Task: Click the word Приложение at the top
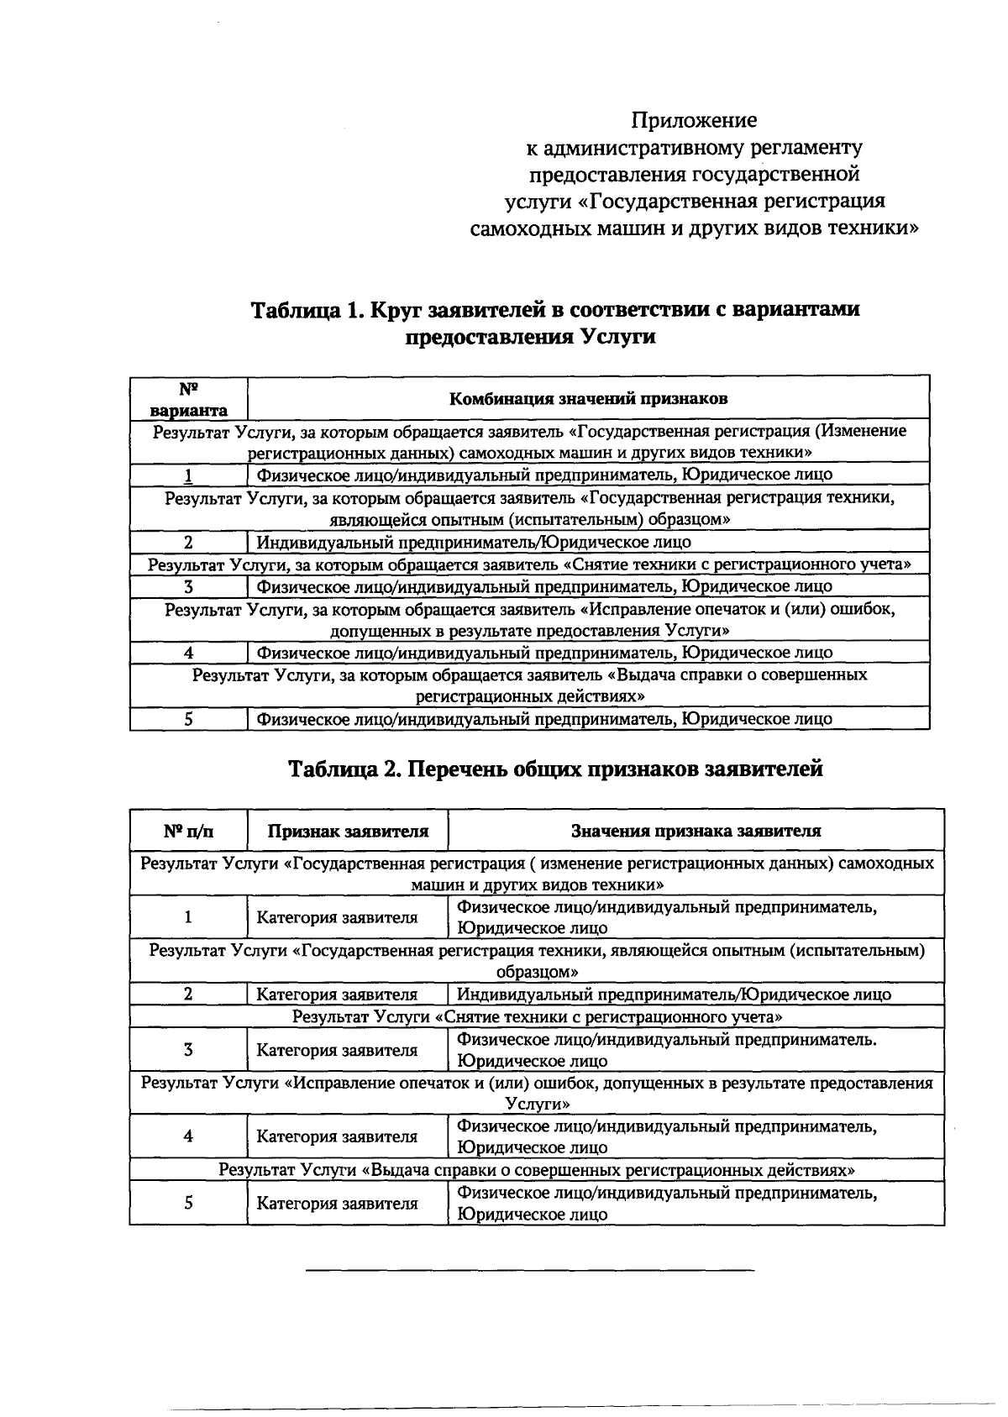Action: tap(694, 120)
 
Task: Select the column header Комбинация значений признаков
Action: tap(588, 398)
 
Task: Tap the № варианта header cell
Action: tap(189, 399)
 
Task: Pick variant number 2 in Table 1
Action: tap(189, 543)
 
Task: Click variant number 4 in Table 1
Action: tap(189, 653)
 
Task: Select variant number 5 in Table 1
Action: tap(189, 719)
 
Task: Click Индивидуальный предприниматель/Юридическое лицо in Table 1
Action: tap(474, 543)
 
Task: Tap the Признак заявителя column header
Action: tap(348, 832)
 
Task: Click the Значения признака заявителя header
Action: tap(696, 832)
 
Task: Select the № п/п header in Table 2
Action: tap(189, 832)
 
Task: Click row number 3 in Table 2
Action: tap(189, 1050)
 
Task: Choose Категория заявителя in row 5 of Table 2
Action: tap(337, 1204)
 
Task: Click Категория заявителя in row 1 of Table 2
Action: tap(337, 918)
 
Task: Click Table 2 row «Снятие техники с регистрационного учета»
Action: tap(538, 1017)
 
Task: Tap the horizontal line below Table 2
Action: tap(529, 1271)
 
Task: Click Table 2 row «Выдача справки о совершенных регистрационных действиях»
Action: tap(538, 1170)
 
